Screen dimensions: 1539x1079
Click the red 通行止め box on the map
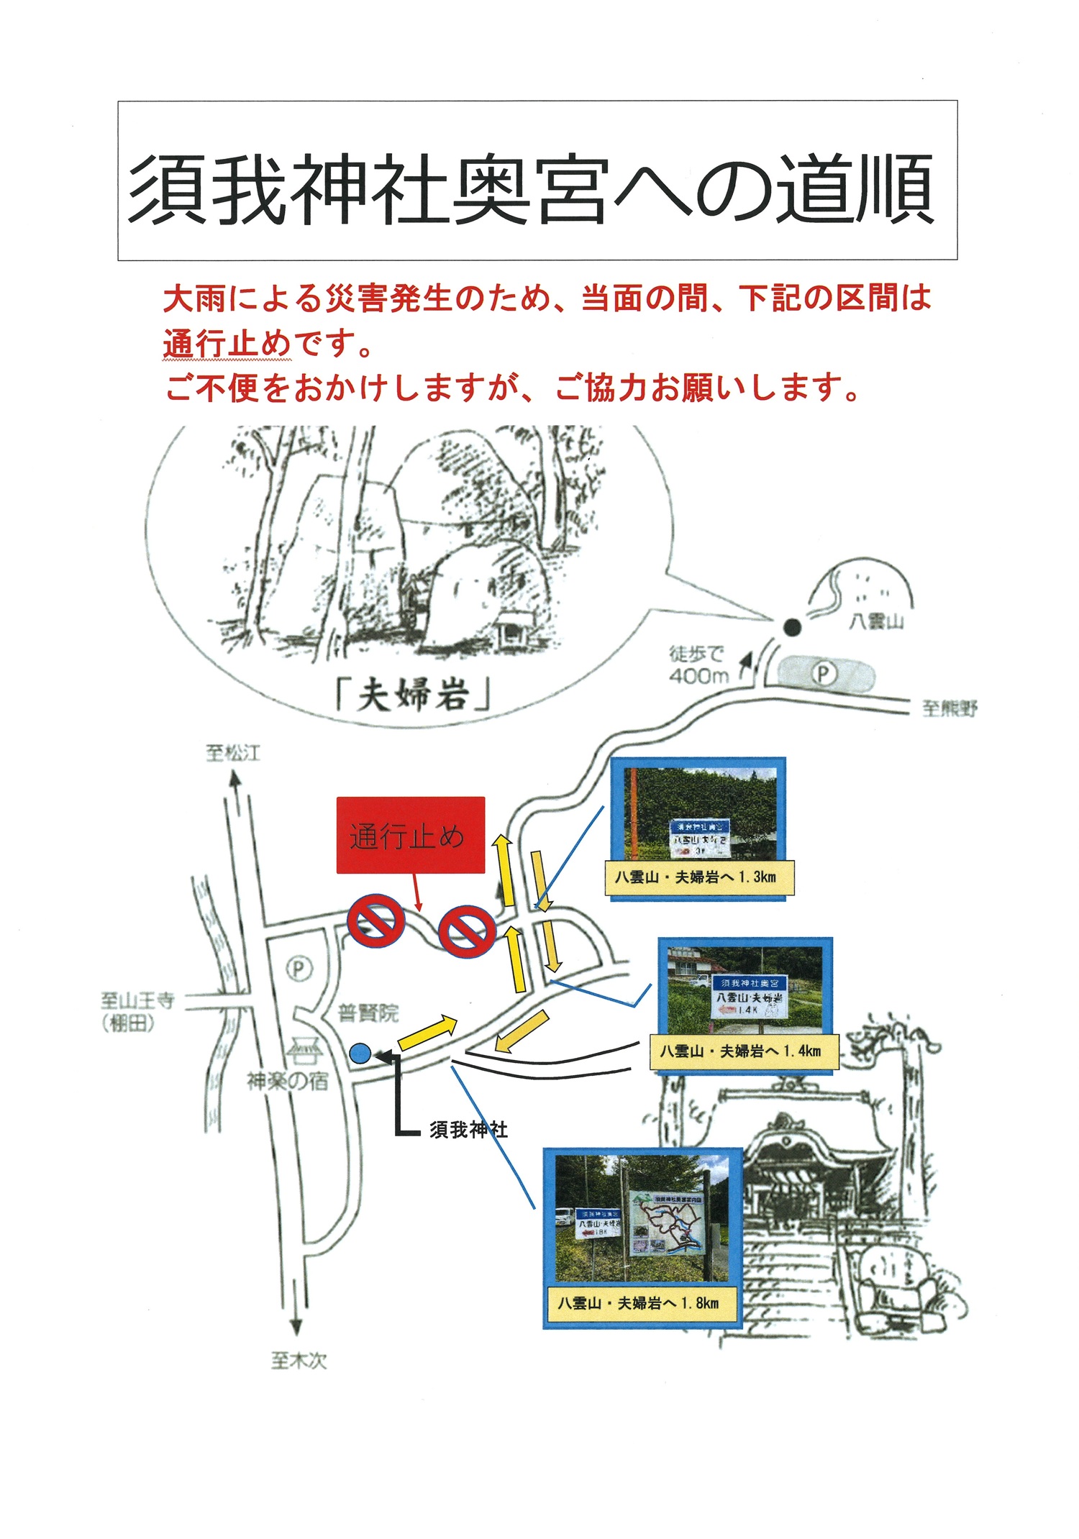click(410, 835)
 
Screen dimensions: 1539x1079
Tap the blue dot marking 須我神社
click(360, 1054)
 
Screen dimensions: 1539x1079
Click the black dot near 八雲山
click(791, 627)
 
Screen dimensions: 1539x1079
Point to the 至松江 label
click(233, 753)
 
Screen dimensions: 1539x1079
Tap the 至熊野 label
click(950, 709)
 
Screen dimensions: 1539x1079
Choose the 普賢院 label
click(368, 1013)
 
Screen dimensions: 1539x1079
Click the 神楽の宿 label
click(288, 1080)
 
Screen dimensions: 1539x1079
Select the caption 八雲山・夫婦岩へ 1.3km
click(696, 877)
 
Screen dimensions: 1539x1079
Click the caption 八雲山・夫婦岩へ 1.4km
click(741, 1051)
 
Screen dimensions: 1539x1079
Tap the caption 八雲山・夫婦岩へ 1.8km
click(639, 1303)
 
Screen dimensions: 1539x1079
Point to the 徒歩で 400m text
click(698, 665)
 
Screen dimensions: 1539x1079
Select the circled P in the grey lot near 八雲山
click(824, 674)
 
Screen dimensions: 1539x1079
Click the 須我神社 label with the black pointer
click(468, 1130)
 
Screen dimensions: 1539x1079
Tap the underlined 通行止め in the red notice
click(227, 343)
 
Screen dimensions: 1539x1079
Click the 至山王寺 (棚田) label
click(137, 1011)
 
